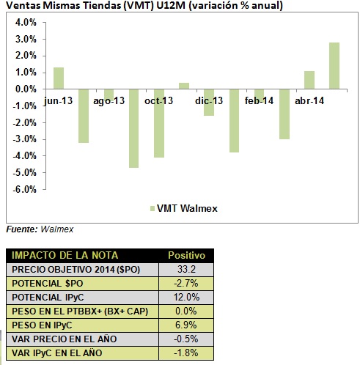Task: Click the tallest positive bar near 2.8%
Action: click(x=334, y=66)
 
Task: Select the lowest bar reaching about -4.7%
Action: click(x=133, y=128)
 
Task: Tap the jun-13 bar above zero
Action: click(x=59, y=78)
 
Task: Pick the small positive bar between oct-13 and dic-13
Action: click(x=184, y=86)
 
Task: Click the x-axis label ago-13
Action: click(x=109, y=100)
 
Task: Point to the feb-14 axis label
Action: click(x=259, y=100)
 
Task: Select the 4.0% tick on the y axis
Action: click(x=26, y=23)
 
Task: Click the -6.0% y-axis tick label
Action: click(x=25, y=189)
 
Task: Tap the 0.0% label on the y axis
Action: click(x=26, y=89)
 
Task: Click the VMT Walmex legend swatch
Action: click(x=153, y=208)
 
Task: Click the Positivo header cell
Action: click(x=186, y=255)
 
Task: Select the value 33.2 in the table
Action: click(x=186, y=269)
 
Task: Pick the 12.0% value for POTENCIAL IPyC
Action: click(x=186, y=297)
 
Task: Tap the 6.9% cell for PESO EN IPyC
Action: click(x=186, y=325)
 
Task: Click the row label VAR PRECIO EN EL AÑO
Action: click(x=65, y=339)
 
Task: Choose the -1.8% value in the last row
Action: click(x=186, y=353)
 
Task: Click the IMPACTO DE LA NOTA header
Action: click(x=65, y=255)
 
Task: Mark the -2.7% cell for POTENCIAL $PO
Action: click(x=186, y=283)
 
